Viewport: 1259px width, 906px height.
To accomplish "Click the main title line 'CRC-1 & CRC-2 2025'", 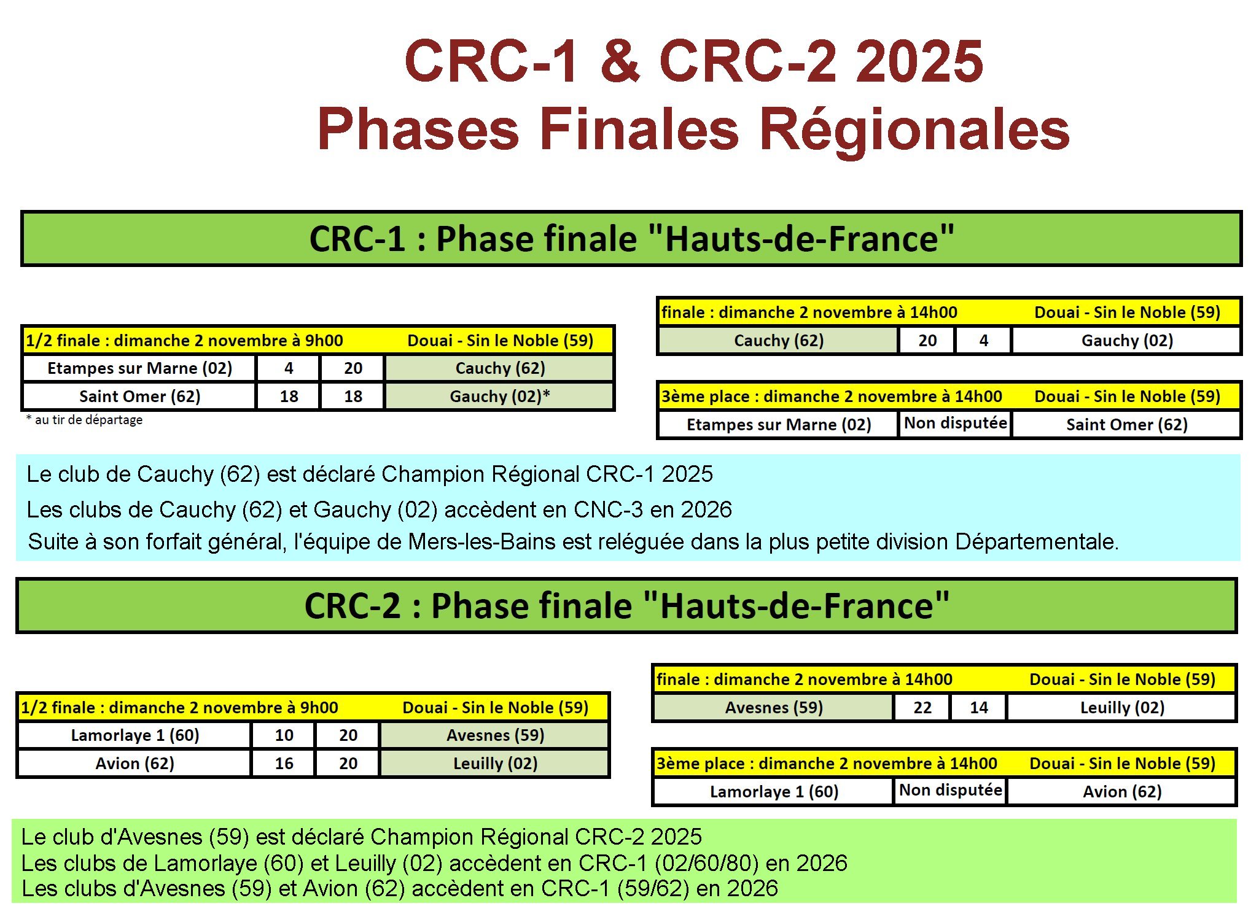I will click(693, 61).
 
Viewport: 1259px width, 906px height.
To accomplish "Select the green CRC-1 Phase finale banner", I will click(631, 238).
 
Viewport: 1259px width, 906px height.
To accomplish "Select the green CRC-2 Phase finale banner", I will click(626, 605).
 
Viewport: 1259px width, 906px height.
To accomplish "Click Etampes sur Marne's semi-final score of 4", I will click(289, 368).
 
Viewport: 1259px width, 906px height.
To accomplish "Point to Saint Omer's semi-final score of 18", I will click(289, 397).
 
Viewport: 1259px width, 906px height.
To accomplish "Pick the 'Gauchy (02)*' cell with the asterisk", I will click(499, 397).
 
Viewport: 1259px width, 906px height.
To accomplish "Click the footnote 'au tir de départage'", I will click(88, 420).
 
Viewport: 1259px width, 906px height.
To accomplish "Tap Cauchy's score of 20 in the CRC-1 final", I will click(927, 341).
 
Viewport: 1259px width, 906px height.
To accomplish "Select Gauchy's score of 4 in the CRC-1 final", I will click(983, 341).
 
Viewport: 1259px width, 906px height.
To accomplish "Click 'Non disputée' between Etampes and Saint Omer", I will click(956, 423).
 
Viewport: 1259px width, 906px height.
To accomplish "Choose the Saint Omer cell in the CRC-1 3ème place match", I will click(1126, 425).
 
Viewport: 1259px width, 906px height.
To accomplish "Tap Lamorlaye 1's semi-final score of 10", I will click(284, 735).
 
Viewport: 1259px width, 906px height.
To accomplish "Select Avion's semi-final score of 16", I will click(284, 764).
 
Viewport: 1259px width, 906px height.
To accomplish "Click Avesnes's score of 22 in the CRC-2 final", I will click(922, 708).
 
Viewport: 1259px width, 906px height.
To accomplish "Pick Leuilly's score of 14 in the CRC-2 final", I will click(978, 708).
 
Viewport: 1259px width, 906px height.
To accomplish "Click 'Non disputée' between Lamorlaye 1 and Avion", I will click(951, 790).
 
